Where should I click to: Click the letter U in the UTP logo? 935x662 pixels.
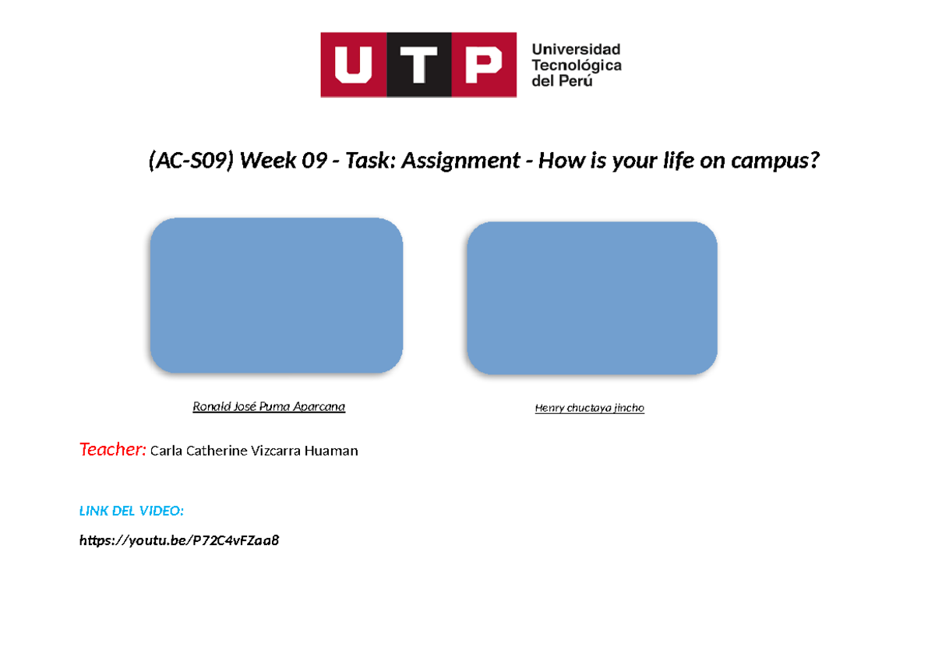pos(353,65)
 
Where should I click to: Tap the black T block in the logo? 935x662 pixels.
pos(419,65)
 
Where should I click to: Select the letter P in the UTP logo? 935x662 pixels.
pos(483,65)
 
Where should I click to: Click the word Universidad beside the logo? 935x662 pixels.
pos(576,49)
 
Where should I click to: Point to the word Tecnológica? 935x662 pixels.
pos(576,65)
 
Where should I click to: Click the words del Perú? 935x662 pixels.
pos(562,80)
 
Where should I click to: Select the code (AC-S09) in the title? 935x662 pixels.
pos(190,161)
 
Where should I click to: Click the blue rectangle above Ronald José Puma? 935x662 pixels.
pos(277,296)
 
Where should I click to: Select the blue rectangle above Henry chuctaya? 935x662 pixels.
pos(592,298)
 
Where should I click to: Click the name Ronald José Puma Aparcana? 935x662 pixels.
pos(269,407)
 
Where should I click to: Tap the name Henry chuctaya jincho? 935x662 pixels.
pos(590,408)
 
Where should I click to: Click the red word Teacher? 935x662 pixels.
pos(112,449)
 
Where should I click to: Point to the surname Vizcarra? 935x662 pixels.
pos(279,451)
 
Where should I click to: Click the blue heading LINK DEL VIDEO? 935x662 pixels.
pos(132,511)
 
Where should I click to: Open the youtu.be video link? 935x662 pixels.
pos(179,540)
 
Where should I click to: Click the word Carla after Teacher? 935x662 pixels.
pos(166,451)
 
